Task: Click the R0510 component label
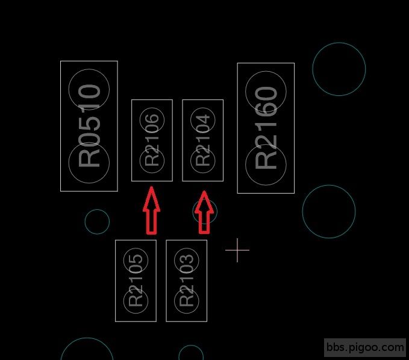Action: tap(89, 125)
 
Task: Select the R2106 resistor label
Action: tap(152, 140)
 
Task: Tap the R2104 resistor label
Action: tap(202, 140)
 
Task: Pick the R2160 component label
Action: tap(266, 128)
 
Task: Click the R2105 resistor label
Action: tap(136, 280)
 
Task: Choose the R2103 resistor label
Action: tap(187, 280)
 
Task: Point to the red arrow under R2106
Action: tap(152, 210)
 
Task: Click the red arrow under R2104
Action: tap(204, 212)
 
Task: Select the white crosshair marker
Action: tap(237, 250)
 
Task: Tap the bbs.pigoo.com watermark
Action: tap(365, 347)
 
